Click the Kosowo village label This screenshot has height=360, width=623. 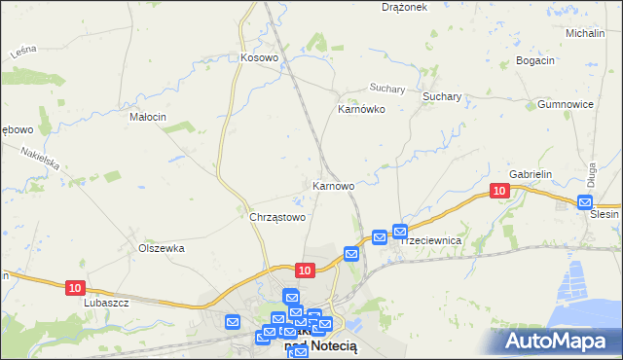(260, 58)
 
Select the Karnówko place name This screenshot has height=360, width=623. (361, 110)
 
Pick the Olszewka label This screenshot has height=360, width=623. (162, 248)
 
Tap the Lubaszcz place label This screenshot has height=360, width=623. (107, 302)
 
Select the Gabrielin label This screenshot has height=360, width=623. (531, 174)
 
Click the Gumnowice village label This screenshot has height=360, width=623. (566, 104)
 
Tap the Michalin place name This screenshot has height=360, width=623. (585, 33)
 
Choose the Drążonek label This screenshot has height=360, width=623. (405, 7)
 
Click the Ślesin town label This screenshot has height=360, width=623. (605, 215)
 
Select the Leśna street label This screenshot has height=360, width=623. (24, 51)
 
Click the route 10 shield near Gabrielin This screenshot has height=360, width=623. (499, 191)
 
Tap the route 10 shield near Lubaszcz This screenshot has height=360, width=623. (77, 287)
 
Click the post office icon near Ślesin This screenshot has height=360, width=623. (584, 202)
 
